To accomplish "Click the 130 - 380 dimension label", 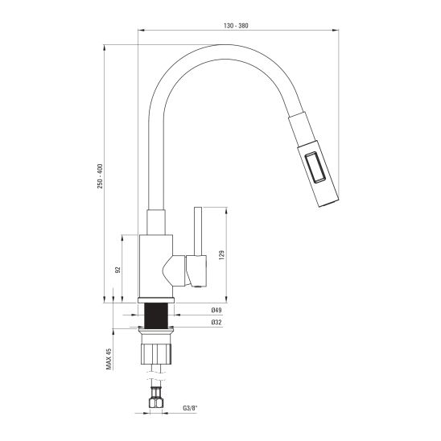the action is (236, 26).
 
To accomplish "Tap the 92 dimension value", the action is (117, 270).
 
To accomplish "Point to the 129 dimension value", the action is (221, 255).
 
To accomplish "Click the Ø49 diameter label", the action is (216, 310).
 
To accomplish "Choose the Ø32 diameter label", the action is (216, 323).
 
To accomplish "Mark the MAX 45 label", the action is (109, 359).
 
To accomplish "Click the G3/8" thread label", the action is (190, 408).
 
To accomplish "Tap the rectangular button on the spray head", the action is (315, 167).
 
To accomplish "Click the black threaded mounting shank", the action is (156, 315).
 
